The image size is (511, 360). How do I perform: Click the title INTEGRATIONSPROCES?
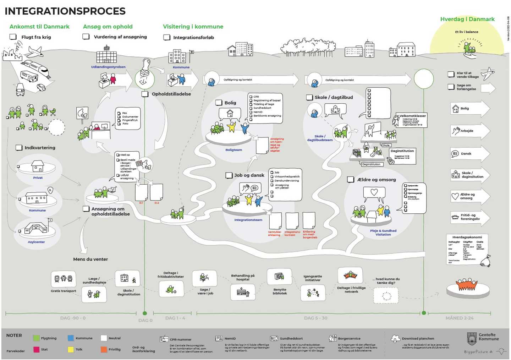65,11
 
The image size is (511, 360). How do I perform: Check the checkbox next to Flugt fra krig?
13,37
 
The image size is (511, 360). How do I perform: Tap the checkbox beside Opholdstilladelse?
145,94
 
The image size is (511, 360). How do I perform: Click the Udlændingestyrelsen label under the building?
108,67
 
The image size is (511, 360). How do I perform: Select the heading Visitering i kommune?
193,27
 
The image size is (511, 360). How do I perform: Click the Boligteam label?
233,150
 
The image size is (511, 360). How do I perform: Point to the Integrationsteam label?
248,220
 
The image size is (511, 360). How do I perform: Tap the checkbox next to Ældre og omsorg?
351,180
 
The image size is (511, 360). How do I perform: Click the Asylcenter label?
36,242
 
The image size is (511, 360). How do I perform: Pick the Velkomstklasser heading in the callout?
412,116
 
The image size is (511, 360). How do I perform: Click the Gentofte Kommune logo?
472,339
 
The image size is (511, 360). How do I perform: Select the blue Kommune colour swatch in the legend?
71,338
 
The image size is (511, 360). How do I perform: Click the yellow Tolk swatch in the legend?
71,349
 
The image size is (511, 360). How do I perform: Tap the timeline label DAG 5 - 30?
315,318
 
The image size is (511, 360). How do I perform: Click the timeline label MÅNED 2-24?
459,318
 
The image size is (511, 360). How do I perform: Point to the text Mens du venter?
90,259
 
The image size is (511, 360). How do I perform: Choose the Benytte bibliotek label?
280,291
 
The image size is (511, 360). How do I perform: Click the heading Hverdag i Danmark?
467,19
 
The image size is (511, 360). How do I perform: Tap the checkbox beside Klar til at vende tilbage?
451,74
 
